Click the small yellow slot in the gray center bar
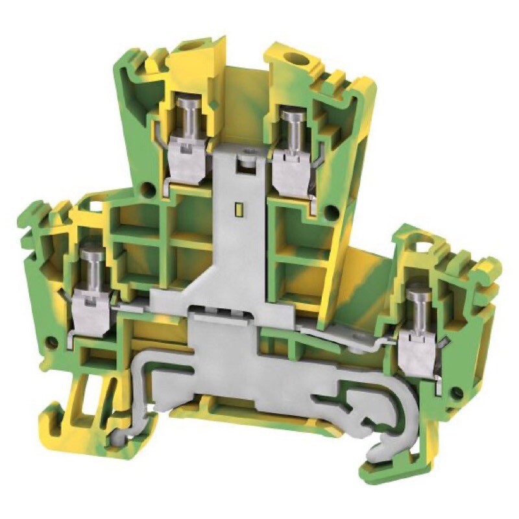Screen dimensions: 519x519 [237, 209]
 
